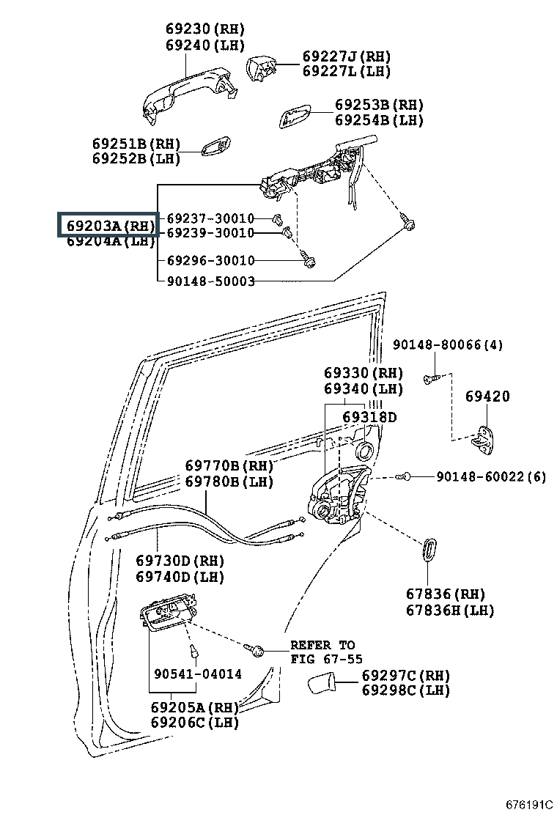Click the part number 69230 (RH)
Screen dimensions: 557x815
[x=204, y=29]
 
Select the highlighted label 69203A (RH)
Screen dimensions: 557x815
[x=110, y=226]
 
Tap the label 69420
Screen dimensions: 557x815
[x=487, y=396]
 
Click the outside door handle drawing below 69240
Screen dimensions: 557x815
[x=190, y=95]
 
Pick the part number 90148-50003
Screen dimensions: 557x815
[x=211, y=281]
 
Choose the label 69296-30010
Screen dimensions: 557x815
[x=211, y=260]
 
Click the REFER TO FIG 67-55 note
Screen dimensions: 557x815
[x=326, y=652]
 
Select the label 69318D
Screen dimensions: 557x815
[x=369, y=417]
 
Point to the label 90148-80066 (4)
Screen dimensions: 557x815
[x=447, y=344]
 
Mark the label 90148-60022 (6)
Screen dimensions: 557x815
[x=491, y=476]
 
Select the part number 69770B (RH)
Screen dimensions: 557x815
[x=229, y=465]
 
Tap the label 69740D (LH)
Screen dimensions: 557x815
[x=180, y=577]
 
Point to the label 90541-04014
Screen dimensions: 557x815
[x=198, y=674]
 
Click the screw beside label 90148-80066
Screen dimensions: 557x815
[x=430, y=378]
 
